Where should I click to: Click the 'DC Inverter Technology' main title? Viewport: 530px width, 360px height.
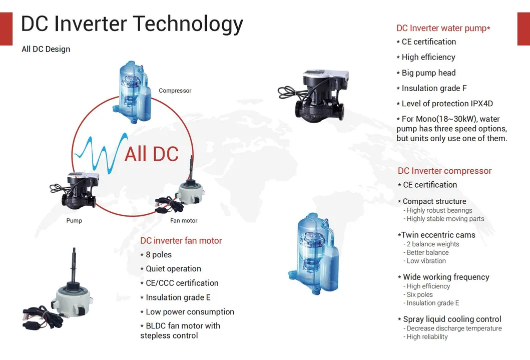pos(132,24)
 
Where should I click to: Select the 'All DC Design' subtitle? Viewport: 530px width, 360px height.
pos(46,49)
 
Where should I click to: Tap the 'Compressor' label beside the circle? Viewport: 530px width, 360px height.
pos(175,91)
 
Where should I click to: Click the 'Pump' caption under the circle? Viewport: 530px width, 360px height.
pos(74,221)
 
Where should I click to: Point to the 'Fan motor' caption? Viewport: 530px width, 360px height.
pos(184,221)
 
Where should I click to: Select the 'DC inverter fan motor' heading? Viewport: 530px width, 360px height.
pos(181,241)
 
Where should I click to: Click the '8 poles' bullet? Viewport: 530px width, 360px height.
pos(158,255)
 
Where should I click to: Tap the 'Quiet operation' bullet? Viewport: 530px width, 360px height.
pos(173,269)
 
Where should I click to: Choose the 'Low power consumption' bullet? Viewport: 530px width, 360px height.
pos(190,312)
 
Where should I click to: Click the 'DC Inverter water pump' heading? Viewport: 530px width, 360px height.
pos(443,29)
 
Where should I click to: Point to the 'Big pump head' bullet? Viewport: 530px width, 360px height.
pos(428,73)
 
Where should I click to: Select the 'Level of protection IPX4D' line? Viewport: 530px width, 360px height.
pos(447,104)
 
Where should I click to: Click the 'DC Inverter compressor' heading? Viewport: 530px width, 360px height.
pos(444,171)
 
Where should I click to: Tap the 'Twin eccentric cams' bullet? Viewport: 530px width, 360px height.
pos(438,235)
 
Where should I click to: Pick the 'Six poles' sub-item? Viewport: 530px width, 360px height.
pos(419,295)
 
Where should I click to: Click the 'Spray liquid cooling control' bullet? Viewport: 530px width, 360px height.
pos(452,319)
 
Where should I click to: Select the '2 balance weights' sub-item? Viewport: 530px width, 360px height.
pos(432,244)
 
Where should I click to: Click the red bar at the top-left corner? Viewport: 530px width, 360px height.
pos(6,29)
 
